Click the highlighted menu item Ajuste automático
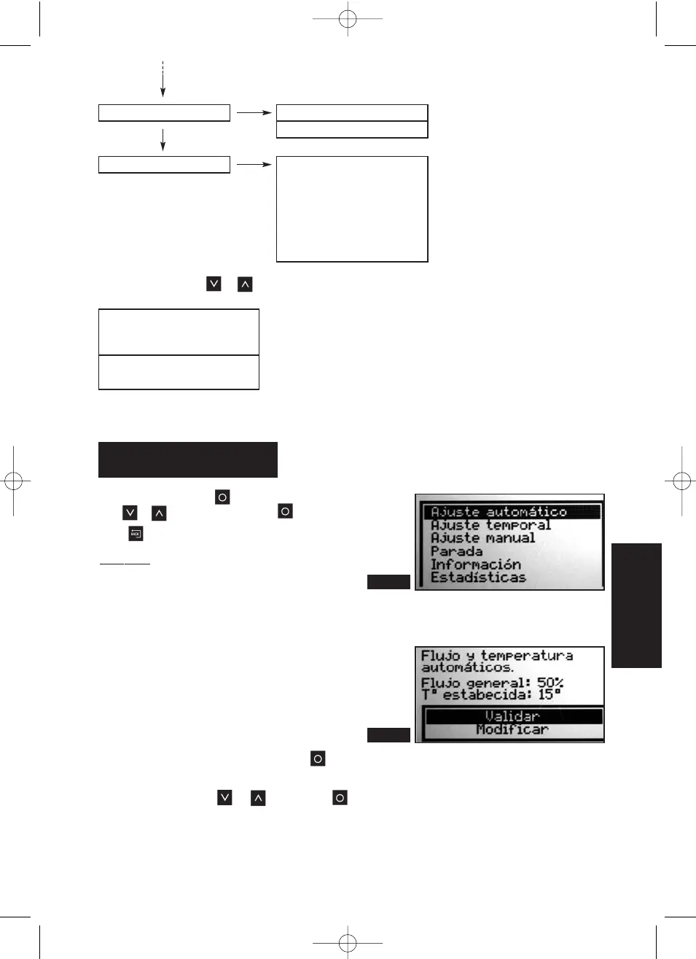point(498,512)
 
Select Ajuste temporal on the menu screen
point(490,525)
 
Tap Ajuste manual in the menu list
point(482,538)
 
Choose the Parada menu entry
point(456,551)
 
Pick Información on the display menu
point(475,564)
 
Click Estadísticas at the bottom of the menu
point(478,578)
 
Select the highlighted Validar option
point(512,716)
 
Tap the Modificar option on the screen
point(512,729)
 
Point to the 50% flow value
point(550,683)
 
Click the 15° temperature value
point(550,695)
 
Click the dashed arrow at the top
point(163,79)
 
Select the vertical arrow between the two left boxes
point(163,139)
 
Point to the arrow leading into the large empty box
point(254,165)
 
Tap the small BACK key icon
point(136,534)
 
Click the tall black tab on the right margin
point(636,605)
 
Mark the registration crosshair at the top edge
point(348,18)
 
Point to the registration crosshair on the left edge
point(13,481)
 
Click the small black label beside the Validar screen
point(388,735)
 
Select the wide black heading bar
point(188,459)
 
